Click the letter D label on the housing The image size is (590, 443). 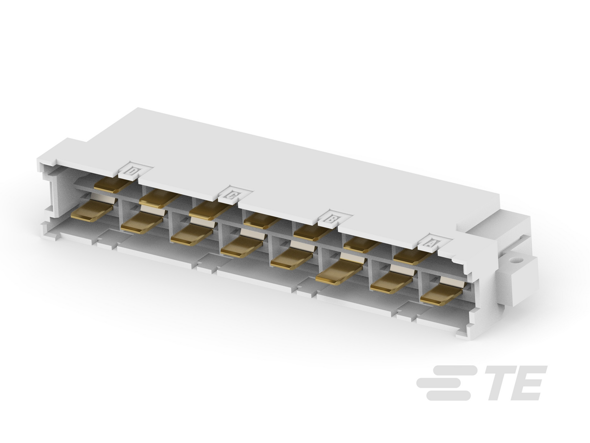click(x=132, y=172)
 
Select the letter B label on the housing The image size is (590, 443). click(x=331, y=218)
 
